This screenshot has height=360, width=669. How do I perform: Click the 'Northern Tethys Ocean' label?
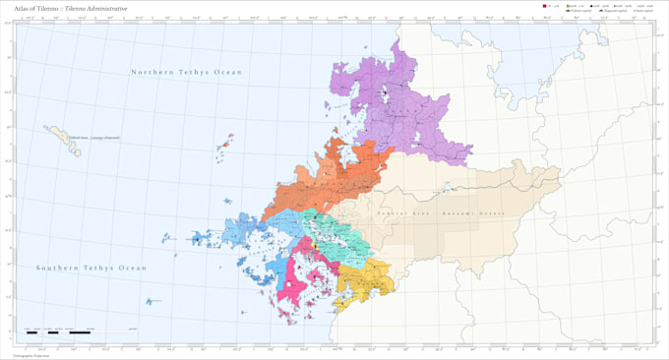[x=187, y=72]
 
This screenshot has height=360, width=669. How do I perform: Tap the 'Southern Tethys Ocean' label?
[x=91, y=268]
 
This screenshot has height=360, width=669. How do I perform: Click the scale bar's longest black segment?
[x=80, y=332]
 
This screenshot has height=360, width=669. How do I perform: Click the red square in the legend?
[x=543, y=7]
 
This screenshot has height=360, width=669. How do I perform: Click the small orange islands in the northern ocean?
[x=224, y=144]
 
